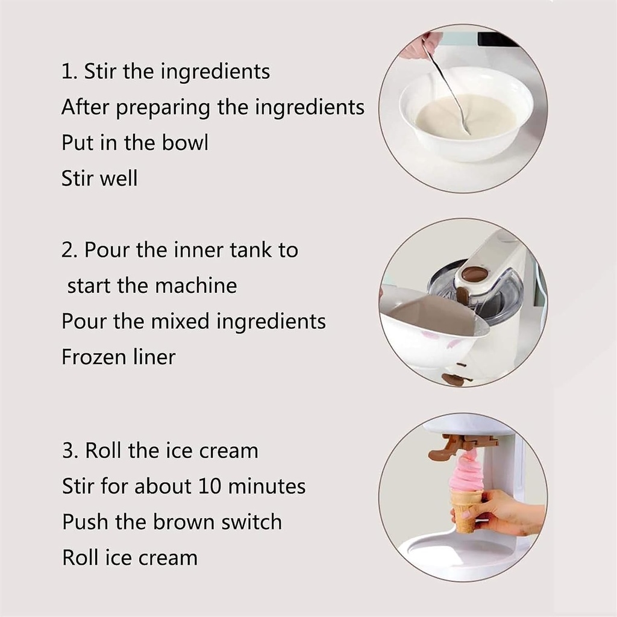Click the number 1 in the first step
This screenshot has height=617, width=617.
tap(66, 72)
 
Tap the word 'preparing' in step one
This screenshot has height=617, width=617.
tap(163, 108)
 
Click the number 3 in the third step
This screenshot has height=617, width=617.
tap(67, 451)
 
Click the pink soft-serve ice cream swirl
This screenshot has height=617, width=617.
tap(466, 474)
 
